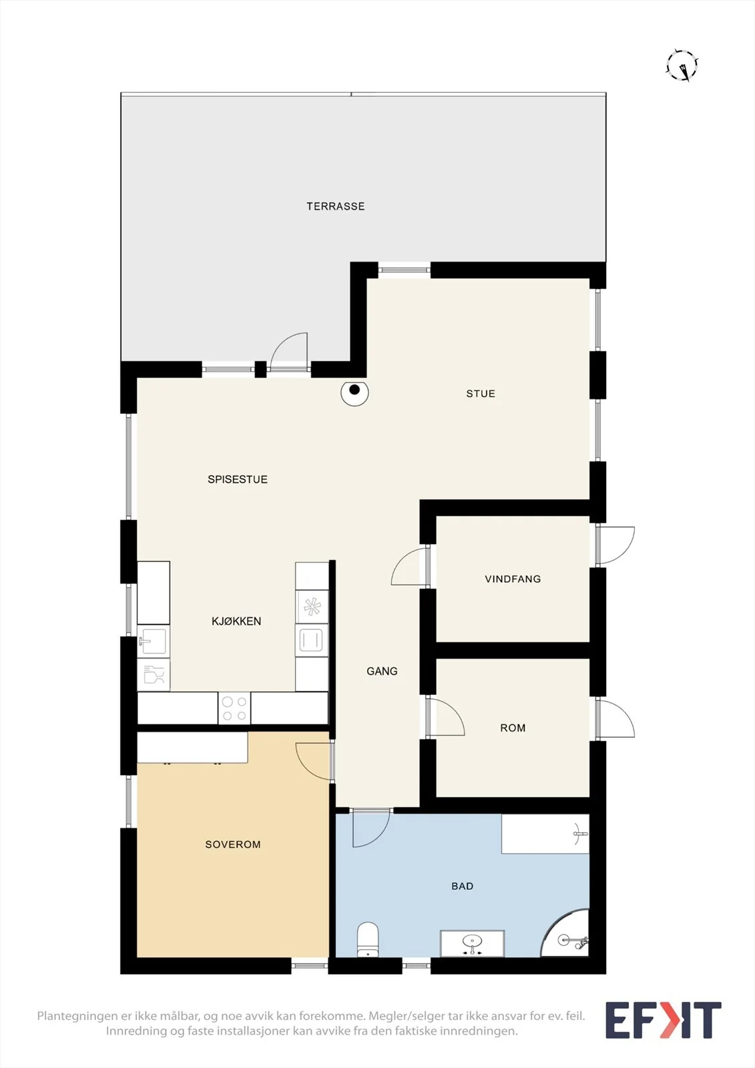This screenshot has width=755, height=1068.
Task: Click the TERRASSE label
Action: point(335,206)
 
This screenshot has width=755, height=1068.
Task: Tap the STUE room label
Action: point(480,394)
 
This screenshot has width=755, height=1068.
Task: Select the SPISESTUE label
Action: point(238,480)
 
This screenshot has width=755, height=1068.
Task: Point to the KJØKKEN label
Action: point(236,621)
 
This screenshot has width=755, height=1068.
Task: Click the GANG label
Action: point(382,672)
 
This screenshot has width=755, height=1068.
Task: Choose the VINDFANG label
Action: point(513,579)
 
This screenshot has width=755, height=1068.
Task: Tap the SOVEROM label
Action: point(233,845)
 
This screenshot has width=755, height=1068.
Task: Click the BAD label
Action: point(462,886)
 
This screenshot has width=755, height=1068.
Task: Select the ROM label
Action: point(513,728)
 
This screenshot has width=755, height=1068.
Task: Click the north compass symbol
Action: point(682,65)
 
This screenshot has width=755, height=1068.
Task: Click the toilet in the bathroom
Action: point(367,939)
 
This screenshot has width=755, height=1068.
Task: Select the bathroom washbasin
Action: point(472,943)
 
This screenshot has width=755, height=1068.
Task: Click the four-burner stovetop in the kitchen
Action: point(234,708)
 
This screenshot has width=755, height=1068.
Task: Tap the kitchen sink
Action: point(153,641)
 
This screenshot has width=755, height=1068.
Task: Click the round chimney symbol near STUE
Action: point(355,392)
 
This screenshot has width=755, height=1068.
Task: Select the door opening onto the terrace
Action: point(288,352)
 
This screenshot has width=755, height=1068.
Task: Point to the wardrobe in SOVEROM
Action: point(193,748)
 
